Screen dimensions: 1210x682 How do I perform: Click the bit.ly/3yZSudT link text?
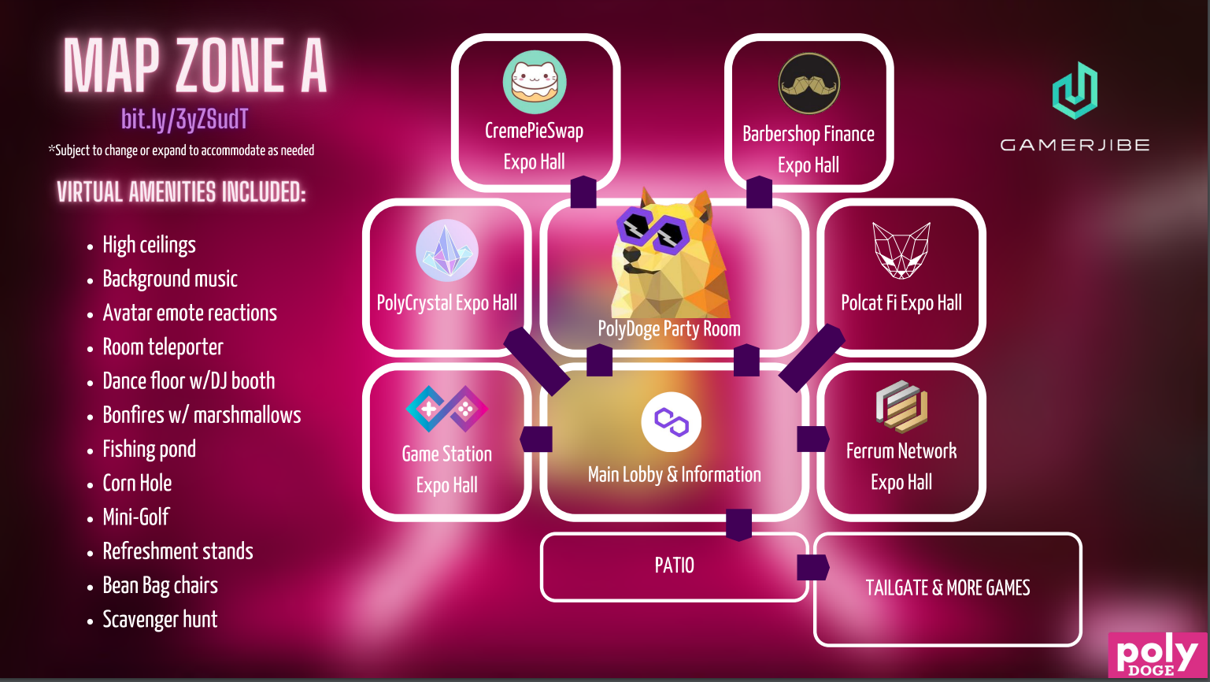[185, 119]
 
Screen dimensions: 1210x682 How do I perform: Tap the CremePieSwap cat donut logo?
[535, 82]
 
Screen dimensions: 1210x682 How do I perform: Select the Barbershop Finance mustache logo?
[809, 83]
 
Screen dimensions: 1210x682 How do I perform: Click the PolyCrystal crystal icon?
[446, 250]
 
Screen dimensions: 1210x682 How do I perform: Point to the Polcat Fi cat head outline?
[901, 250]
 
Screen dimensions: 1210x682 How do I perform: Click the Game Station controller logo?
[446, 409]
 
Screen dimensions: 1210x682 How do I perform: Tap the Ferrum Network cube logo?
[901, 406]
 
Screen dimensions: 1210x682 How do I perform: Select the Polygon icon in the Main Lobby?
[671, 421]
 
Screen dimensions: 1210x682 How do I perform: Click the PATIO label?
[675, 565]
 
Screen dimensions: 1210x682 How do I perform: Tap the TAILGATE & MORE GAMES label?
[948, 587]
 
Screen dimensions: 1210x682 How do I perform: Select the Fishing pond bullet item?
[149, 449]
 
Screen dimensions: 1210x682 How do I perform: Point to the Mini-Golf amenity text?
[136, 517]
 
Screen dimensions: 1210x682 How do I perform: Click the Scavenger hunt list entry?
[160, 620]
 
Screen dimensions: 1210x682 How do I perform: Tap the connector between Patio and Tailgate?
[812, 567]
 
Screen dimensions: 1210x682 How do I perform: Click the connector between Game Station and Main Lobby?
[536, 439]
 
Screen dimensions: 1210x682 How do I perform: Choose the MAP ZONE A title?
[194, 66]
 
